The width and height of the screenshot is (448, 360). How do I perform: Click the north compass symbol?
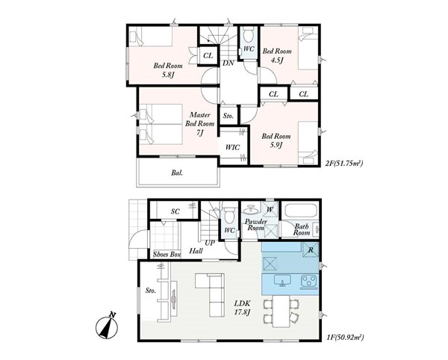[x=108, y=326]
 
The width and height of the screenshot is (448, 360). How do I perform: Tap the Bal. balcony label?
[x=177, y=173]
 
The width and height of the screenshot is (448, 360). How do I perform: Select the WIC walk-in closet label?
[x=232, y=147]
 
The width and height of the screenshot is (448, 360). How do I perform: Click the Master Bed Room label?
[x=199, y=124]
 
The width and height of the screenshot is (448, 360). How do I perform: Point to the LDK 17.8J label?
[x=243, y=308]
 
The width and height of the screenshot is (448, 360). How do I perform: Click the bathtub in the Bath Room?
[x=301, y=211]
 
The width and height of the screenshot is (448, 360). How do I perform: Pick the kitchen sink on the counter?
[x=282, y=280]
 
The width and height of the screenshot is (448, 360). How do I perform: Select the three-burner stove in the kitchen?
[x=308, y=281]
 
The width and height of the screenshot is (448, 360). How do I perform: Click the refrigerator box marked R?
[x=311, y=250]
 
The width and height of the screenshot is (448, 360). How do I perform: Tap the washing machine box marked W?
[x=270, y=210]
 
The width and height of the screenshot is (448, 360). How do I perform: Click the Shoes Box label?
[x=167, y=254]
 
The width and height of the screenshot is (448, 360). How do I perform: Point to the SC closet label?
[x=175, y=211]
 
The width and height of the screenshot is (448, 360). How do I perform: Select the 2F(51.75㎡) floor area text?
[x=344, y=164]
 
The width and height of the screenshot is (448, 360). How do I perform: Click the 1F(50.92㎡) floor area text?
[x=345, y=338]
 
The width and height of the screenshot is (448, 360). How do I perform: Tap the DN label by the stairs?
[x=228, y=63]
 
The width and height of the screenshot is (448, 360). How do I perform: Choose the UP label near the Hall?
[x=209, y=243]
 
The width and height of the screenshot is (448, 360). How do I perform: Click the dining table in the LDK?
[x=281, y=311]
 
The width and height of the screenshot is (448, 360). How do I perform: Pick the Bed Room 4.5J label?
[x=277, y=56]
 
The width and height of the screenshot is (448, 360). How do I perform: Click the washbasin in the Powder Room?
[x=251, y=210]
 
